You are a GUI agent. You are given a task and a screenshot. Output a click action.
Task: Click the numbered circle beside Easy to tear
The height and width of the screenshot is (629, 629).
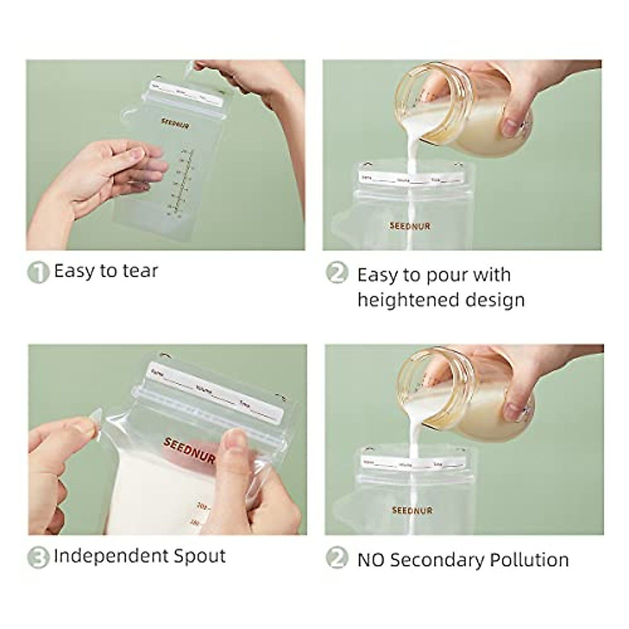pos(38,272)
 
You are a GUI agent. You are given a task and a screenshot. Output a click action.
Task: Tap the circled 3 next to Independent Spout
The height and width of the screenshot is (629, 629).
pos(38,557)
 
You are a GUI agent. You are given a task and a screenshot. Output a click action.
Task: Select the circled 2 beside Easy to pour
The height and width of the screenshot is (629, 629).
pos(337,273)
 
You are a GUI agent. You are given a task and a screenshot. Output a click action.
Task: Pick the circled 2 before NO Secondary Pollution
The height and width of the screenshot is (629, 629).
pos(337,558)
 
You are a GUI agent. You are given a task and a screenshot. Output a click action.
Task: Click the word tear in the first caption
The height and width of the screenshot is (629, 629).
pos(140,271)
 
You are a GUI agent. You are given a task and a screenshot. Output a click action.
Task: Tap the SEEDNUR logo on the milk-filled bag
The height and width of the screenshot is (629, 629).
pos(189,450)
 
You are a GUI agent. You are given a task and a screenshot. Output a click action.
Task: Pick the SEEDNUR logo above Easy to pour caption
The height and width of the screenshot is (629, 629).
pos(410,226)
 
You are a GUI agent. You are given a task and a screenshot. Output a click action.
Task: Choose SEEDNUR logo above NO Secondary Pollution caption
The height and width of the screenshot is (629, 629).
pos(412,510)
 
